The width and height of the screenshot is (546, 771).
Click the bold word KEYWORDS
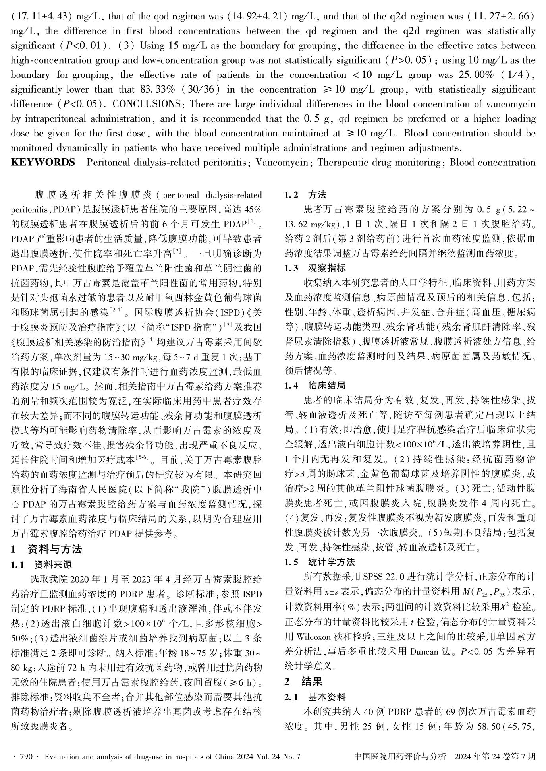point(43,163)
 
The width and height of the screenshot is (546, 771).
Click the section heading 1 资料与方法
point(46,550)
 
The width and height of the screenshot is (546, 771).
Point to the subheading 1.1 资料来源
point(41,565)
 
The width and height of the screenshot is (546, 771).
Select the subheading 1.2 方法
point(305,195)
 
